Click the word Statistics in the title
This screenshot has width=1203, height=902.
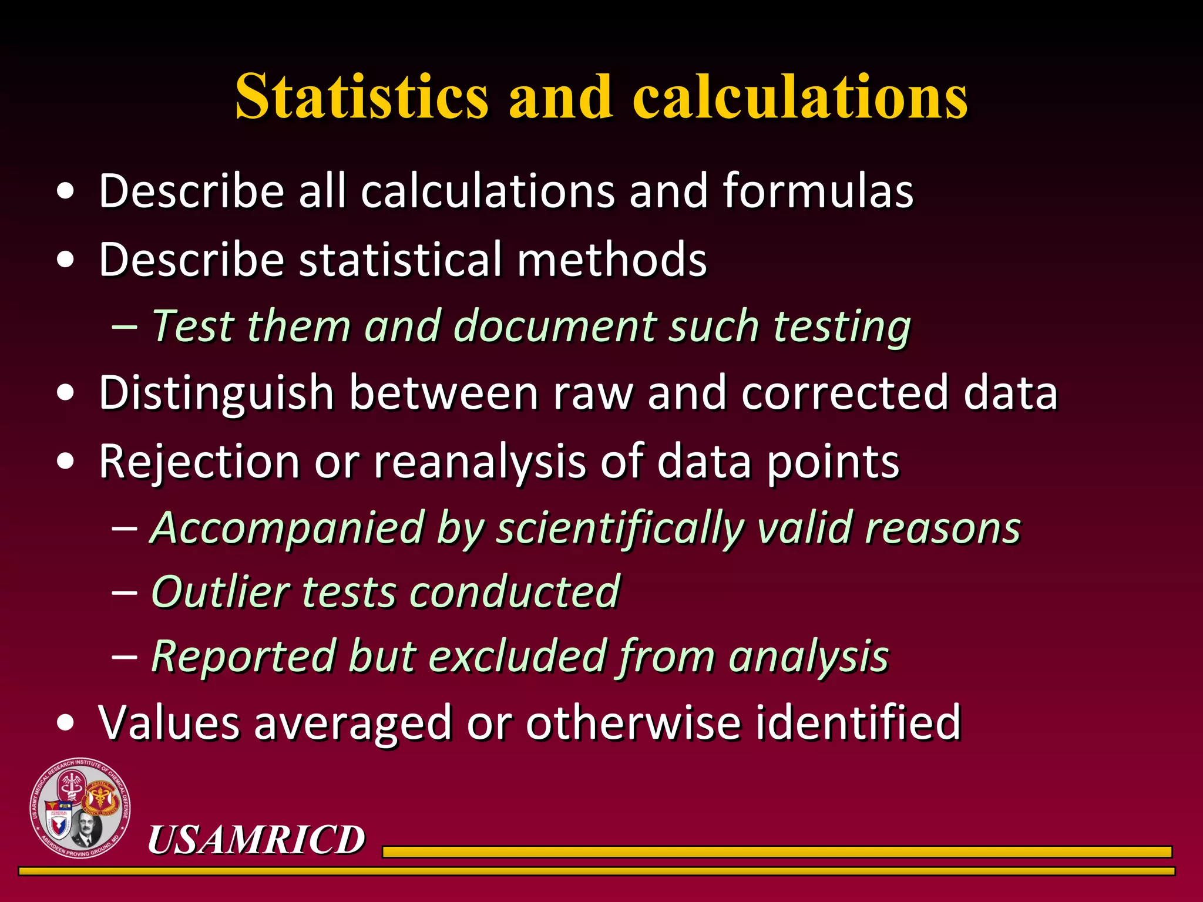coord(361,96)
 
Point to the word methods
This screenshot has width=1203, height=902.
coord(611,259)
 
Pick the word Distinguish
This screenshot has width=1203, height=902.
coord(216,393)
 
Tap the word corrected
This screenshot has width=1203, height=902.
coord(845,392)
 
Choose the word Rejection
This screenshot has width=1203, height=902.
coord(199,462)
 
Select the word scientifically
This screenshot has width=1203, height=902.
coord(620,529)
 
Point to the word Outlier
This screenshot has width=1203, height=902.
coord(220,591)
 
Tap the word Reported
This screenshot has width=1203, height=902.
coord(243,657)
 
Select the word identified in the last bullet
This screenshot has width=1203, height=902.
coord(858,722)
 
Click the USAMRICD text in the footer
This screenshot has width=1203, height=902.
coord(256,839)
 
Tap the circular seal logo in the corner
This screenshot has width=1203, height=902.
coord(80,808)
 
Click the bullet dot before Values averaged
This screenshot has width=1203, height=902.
coord(66,722)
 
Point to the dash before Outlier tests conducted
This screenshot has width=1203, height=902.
coord(124,592)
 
